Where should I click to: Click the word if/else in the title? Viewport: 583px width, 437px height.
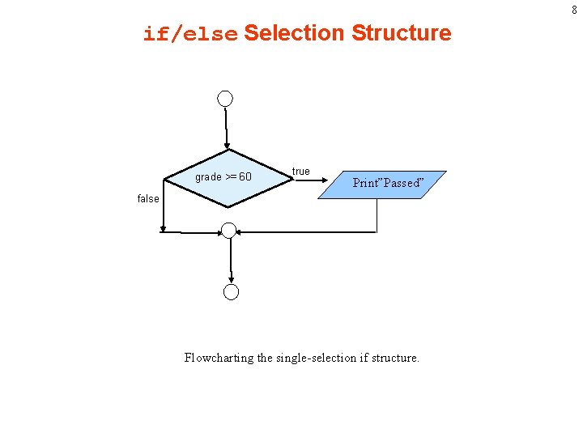pos(190,34)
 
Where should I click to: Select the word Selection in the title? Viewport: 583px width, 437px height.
pos(294,33)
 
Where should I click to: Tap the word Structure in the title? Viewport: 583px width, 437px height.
pos(401,33)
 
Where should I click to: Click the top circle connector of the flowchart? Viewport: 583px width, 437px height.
pos(225,99)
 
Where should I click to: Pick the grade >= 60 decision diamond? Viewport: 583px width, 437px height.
pos(227,180)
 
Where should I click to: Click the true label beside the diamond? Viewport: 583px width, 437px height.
pos(300,172)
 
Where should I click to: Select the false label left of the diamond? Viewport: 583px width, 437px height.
pos(148,198)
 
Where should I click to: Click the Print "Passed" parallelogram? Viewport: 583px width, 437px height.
pos(384,183)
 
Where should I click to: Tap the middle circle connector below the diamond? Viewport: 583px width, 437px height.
pos(229,231)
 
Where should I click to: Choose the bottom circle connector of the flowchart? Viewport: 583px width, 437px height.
pos(232,292)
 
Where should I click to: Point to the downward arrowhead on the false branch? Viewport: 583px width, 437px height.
pos(163,229)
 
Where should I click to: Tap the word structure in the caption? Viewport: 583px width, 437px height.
pos(394,358)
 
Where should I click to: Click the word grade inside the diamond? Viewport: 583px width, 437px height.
pos(208,177)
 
